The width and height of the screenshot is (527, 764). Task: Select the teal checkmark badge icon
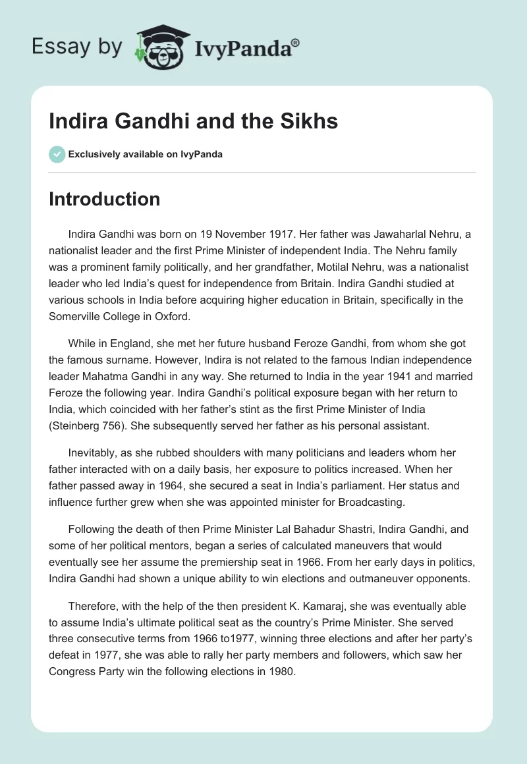(57, 154)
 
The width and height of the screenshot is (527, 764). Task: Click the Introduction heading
(104, 199)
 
